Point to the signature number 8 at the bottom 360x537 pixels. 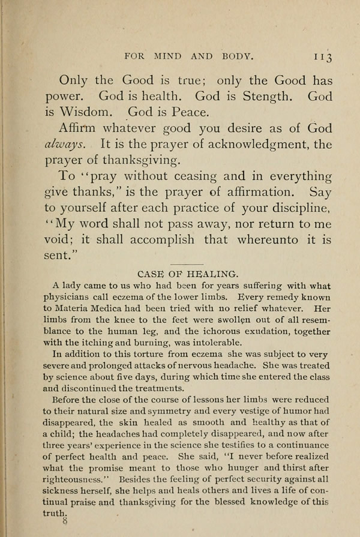(x=64, y=523)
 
